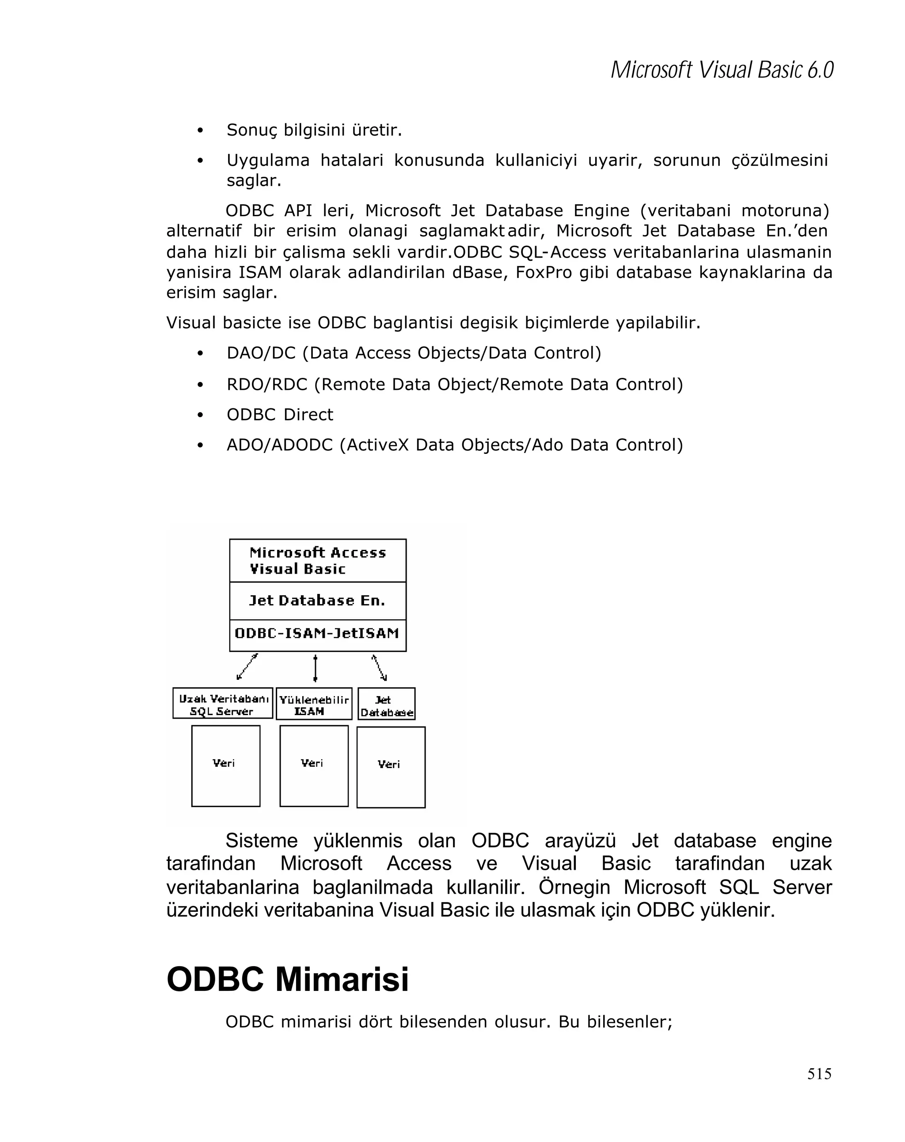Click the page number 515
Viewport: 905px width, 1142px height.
pos(819,1073)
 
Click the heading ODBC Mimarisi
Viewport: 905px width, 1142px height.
pos(288,979)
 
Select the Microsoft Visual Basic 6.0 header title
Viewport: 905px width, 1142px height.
pos(722,70)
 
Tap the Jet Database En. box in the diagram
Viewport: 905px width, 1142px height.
pos(317,601)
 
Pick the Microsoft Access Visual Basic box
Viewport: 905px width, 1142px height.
pos(317,560)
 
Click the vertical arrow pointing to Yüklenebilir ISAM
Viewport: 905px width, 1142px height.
pos(315,668)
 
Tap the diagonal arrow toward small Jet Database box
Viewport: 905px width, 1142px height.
pos(379,667)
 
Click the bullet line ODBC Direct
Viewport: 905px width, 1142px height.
pos(280,415)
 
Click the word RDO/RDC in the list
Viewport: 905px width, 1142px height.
pos(267,384)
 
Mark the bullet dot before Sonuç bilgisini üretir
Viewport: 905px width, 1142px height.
pos(200,131)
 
